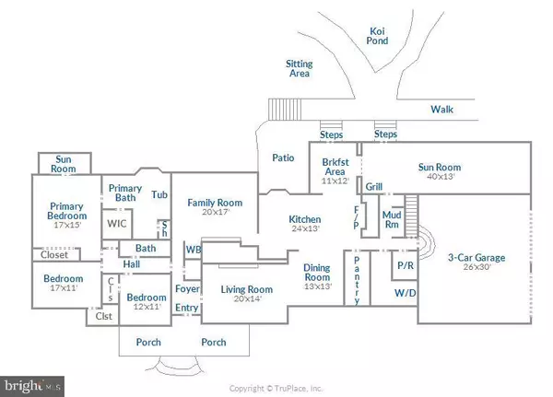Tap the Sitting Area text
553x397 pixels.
pos(302,70)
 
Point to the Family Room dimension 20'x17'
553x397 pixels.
pos(214,211)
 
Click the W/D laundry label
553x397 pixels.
pos(404,293)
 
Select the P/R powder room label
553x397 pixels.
pos(404,265)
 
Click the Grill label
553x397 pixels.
pos(373,187)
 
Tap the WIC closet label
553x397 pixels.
pos(116,223)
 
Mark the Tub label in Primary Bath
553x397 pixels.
pos(159,195)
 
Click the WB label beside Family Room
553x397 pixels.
pos(193,249)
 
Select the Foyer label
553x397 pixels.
pos(186,289)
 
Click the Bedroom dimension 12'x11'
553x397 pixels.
pos(146,307)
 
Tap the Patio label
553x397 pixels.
pos(283,158)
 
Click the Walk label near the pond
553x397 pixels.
pos(442,110)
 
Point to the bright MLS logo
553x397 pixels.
pos(33,381)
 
